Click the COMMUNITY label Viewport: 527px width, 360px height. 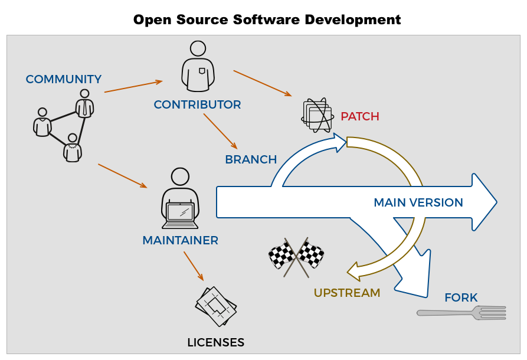point(63,79)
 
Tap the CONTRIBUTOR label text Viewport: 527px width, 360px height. point(197,105)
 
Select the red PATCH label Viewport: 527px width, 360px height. point(359,116)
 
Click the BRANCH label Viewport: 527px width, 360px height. point(251,160)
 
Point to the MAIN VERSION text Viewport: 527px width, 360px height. point(418,203)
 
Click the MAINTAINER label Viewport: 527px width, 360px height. point(180,241)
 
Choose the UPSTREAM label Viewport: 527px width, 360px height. point(346,293)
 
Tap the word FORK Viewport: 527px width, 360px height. point(460,298)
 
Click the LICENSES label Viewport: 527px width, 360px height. point(215,343)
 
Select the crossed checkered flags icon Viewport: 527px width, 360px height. point(296,257)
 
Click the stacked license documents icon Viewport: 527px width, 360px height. point(216,306)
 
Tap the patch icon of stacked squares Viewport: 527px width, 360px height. point(317,115)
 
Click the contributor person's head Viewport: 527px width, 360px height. point(198,48)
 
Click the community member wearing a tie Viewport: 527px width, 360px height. point(85,104)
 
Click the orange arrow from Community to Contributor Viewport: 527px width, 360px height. point(133,86)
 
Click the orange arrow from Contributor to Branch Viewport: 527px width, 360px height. point(220,131)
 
